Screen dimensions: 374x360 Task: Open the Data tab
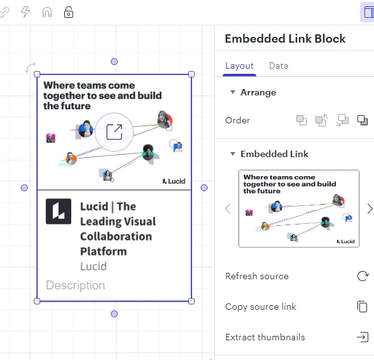[279, 66]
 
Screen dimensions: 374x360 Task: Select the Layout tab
[239, 66]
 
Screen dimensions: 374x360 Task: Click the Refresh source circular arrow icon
[363, 276]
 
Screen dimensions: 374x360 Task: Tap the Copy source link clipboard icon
[363, 307]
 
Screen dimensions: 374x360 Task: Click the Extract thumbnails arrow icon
[363, 337]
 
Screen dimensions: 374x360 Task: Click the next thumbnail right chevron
[370, 209]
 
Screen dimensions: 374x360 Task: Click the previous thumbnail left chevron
[228, 209]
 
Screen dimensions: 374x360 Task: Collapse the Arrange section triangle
[233, 92]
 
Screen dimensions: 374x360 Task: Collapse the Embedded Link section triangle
[233, 154]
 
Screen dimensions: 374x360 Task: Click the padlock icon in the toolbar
[69, 12]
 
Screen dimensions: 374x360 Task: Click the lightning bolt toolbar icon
[25, 11]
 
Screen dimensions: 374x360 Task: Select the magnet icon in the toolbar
[47, 12]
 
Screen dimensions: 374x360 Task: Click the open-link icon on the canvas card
[114, 132]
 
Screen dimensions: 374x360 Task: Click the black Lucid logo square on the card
[59, 211]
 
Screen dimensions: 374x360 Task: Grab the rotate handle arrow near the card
[31, 67]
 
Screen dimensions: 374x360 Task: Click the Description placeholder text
[75, 286]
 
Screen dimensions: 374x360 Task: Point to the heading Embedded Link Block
[285, 39]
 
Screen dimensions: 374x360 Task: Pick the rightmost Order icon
[363, 120]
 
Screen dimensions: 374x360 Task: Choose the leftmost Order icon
[301, 120]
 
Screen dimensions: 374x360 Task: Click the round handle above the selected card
[114, 62]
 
